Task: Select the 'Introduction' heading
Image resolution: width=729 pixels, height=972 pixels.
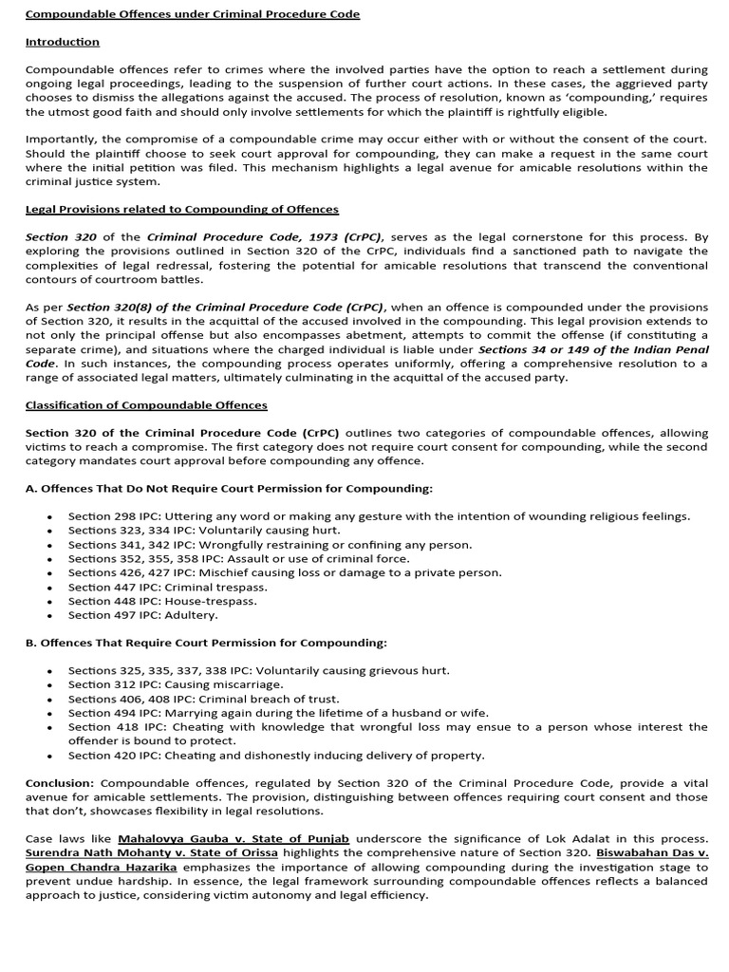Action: coord(62,42)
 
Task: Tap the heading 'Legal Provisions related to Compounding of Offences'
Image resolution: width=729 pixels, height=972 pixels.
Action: coord(181,209)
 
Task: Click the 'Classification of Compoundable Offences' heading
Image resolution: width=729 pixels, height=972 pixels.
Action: coord(146,405)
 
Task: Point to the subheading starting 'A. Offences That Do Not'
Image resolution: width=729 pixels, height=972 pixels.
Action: coord(229,488)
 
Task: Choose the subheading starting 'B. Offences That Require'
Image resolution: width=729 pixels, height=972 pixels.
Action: coord(206,643)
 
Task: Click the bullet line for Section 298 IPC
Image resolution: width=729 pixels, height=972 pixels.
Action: coord(379,516)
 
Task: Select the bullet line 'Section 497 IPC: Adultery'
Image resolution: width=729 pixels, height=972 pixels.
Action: coord(142,615)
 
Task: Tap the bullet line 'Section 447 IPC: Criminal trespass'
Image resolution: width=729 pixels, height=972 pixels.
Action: coord(167,587)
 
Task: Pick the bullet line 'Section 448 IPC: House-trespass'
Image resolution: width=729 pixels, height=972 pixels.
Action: coord(161,601)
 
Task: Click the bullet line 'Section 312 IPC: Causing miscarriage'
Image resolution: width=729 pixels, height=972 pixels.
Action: coord(176,684)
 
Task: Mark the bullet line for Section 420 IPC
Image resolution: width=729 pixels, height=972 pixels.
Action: coord(275,756)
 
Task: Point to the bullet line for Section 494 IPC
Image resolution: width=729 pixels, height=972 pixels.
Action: coord(278,713)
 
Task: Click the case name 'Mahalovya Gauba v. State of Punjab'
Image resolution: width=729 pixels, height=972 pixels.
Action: coord(234,839)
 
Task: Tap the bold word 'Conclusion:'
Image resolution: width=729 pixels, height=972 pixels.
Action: coord(59,783)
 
